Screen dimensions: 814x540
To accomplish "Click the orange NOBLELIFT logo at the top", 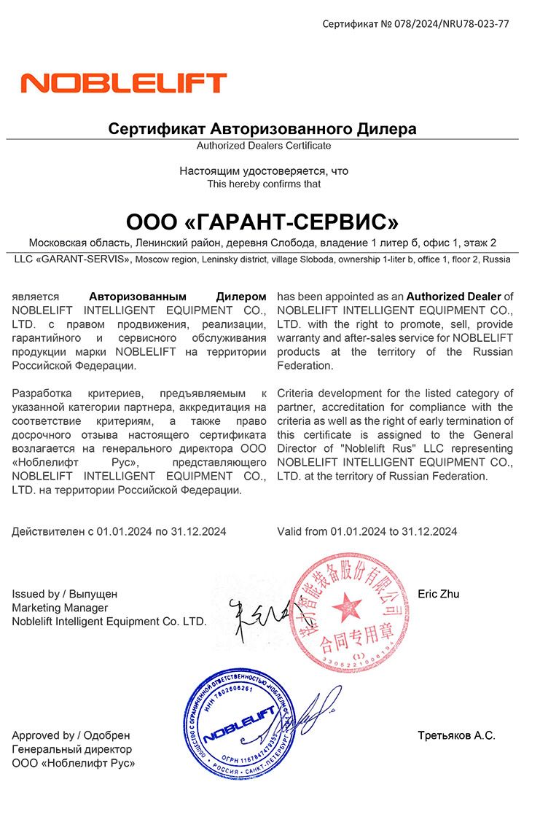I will pyautogui.click(x=124, y=82).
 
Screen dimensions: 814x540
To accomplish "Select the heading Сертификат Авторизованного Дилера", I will pyautogui.click(x=262, y=129).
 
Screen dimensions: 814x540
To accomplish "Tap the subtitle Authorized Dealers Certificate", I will pyautogui.click(x=264, y=146).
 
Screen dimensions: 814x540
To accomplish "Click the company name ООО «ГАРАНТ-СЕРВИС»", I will pyautogui.click(x=262, y=221).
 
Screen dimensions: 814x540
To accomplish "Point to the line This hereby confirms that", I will pyautogui.click(x=264, y=184).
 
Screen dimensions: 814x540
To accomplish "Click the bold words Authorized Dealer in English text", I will pyautogui.click(x=453, y=297).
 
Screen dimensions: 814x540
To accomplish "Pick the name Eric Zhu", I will pyautogui.click(x=439, y=594).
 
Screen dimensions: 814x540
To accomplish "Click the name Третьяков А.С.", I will pyautogui.click(x=457, y=735).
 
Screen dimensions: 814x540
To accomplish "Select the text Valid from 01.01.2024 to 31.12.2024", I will pyautogui.click(x=367, y=531).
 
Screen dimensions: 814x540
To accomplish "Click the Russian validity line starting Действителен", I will pyautogui.click(x=119, y=531).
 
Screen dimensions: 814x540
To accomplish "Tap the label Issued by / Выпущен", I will pyautogui.click(x=64, y=594).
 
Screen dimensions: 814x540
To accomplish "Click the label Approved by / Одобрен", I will pyautogui.click(x=71, y=735).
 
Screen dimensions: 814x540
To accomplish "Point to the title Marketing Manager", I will pyautogui.click(x=60, y=608).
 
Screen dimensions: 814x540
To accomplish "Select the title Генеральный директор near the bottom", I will pyautogui.click(x=72, y=749).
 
